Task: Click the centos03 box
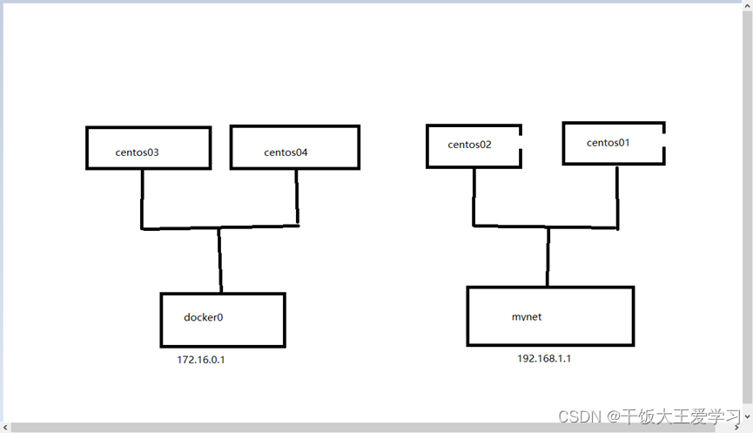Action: [149, 147]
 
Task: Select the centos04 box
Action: [294, 147]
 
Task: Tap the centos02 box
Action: [473, 145]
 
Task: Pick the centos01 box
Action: [613, 143]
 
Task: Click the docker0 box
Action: [223, 320]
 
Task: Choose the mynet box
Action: [550, 315]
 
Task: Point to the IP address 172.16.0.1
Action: [201, 360]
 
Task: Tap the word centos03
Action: [137, 152]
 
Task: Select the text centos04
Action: [286, 152]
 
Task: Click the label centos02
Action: [470, 145]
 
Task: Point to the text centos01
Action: [608, 142]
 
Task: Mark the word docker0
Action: [204, 317]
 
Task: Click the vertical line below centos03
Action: [142, 198]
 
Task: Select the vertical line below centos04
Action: [297, 198]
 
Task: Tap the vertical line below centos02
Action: [474, 196]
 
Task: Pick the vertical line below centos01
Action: [617, 197]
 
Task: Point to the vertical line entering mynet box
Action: [548, 256]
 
